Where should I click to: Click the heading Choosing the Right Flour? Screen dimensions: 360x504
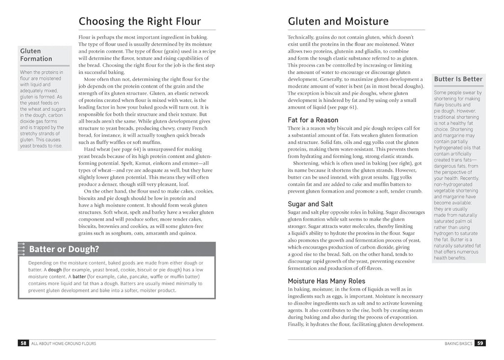click(140, 21)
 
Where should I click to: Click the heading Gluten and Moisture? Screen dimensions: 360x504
click(338, 21)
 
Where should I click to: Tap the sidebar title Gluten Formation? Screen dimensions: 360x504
click(36, 55)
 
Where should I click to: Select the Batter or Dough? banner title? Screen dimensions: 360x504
click(64, 249)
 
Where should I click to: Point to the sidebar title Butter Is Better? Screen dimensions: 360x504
click(458, 79)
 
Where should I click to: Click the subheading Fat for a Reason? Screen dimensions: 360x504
click(313, 120)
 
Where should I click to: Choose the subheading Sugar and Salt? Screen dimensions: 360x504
click(310, 203)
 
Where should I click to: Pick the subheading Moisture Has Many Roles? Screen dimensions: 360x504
click(326, 281)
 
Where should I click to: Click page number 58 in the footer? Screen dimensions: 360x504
click(23, 343)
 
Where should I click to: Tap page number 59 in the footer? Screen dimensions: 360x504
click(480, 343)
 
